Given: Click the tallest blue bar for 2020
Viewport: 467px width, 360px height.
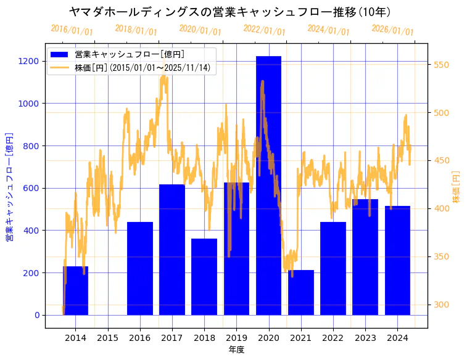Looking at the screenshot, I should pos(268,185).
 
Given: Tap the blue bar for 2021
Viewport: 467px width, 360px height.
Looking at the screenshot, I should pos(301,292).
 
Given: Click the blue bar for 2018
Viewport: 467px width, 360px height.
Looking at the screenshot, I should pos(204,277).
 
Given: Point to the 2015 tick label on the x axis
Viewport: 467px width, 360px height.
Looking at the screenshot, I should pos(107,338).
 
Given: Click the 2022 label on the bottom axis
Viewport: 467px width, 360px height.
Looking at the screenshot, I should pos(333,338).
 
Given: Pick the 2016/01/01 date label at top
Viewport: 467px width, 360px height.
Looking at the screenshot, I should pos(72,30).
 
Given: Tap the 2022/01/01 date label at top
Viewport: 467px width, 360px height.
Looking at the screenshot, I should pos(264,30).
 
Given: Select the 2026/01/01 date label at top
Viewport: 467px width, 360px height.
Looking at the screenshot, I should pos(392,30).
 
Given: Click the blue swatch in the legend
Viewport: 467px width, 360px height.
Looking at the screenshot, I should pos(60,55).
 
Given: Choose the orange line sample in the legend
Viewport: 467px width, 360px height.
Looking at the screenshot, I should pos(60,68).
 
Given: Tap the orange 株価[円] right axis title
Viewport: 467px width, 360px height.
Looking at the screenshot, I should pos(457,188).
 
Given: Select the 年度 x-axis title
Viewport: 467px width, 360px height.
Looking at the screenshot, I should pos(236,350).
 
